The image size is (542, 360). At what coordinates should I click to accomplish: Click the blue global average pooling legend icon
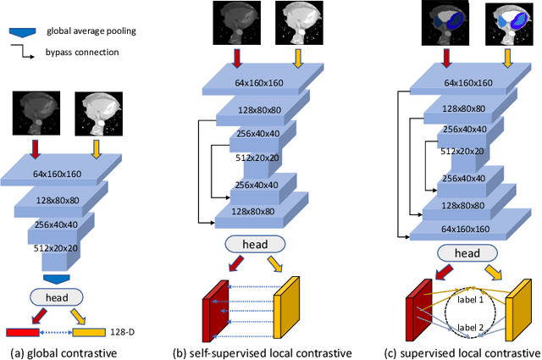click(24, 31)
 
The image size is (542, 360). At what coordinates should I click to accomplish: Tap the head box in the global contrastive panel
click(57, 296)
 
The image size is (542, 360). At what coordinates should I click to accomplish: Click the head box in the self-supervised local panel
click(256, 245)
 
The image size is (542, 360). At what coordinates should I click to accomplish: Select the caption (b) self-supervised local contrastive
click(263, 351)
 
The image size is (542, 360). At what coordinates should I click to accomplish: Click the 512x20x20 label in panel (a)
click(58, 250)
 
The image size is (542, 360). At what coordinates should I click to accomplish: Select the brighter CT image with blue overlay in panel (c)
click(506, 25)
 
